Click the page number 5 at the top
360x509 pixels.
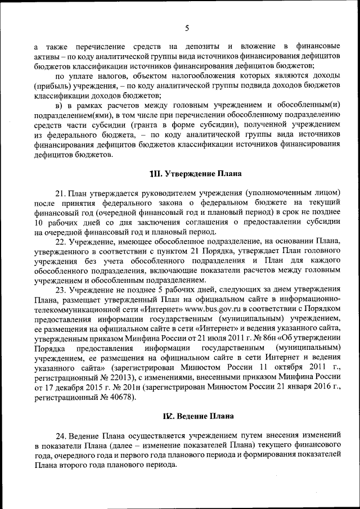click(x=187, y=28)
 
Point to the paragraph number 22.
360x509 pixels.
click(x=61, y=241)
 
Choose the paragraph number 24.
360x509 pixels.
click(x=61, y=436)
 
